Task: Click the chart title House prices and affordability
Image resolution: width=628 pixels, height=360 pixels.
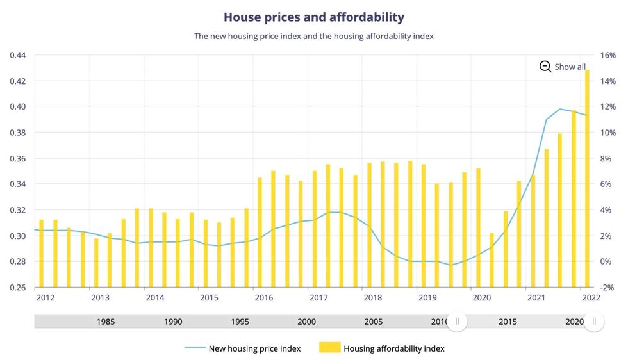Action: click(x=314, y=17)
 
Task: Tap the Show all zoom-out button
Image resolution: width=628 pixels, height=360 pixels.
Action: click(x=563, y=67)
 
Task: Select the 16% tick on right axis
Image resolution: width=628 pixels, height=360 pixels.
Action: click(x=607, y=55)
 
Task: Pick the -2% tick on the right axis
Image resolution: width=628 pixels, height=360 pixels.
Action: click(x=607, y=287)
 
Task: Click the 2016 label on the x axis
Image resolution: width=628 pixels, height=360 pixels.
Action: click(x=263, y=298)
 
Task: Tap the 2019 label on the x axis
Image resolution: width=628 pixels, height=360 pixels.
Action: click(x=427, y=298)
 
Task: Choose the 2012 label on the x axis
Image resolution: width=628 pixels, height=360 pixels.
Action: click(x=45, y=298)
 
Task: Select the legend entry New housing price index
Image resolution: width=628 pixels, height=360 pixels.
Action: click(x=254, y=348)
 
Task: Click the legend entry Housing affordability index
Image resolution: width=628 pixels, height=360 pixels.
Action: click(x=394, y=348)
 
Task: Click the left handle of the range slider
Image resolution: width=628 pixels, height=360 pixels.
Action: click(x=457, y=322)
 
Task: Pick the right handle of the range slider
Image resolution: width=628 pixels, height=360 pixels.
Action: click(x=594, y=322)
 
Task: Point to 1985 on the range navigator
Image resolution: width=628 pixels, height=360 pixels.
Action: click(x=106, y=322)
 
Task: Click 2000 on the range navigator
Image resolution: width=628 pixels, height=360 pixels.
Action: click(x=306, y=322)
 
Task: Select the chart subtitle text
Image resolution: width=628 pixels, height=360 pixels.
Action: click(x=314, y=37)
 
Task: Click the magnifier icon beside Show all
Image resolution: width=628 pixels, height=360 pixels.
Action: click(x=545, y=67)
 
